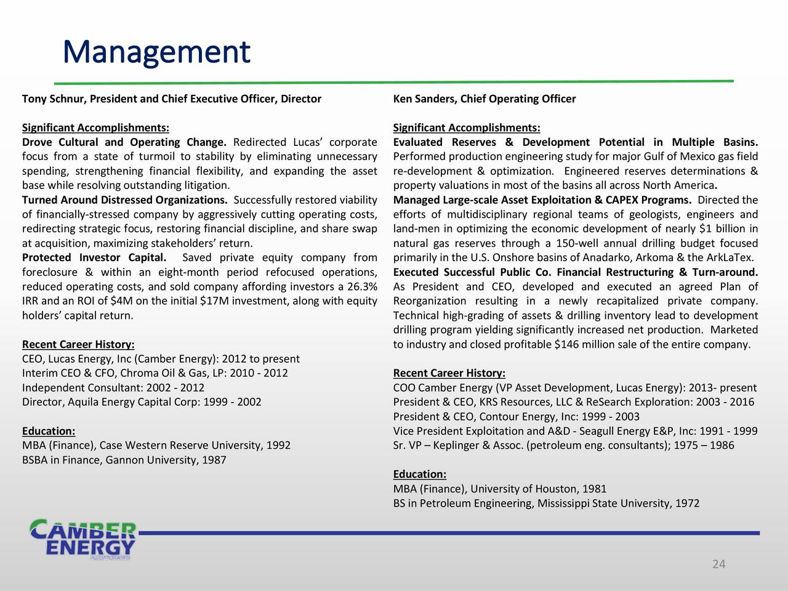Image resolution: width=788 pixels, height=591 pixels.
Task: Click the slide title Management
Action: coord(156,52)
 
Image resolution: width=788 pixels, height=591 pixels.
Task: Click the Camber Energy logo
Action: coord(84,539)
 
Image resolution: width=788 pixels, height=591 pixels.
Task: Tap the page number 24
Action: coord(718,565)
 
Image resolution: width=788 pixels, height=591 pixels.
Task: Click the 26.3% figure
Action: coord(361,287)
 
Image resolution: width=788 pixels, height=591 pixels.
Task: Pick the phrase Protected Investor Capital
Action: coord(94,258)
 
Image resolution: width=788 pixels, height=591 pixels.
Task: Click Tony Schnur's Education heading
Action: coord(49,431)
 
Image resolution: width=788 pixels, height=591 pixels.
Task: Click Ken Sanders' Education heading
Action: coord(419,474)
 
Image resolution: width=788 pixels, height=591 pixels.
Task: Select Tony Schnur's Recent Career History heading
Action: coord(78,344)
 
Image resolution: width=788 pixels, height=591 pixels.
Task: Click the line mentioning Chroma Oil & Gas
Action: coord(155,373)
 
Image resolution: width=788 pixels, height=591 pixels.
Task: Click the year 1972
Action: coord(687,504)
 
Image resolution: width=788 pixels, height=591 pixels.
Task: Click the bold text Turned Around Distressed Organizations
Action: coord(124,200)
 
